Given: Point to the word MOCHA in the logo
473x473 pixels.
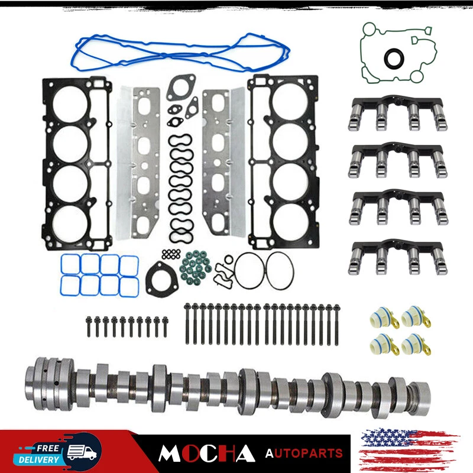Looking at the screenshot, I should click(206, 453).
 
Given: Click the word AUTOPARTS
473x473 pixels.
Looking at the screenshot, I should click(304, 453).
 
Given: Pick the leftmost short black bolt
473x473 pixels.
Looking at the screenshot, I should click(89, 327).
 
